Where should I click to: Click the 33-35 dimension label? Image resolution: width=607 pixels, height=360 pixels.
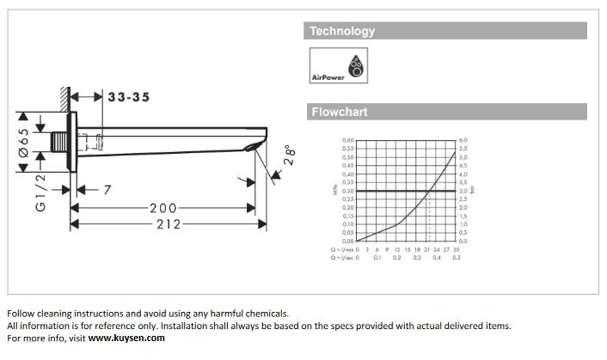[x=128, y=97]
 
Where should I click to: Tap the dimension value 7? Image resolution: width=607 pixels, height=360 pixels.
[x=107, y=191]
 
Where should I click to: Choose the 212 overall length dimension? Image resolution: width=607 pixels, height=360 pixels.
[x=162, y=224]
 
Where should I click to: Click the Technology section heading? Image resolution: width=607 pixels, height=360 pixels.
[x=342, y=31]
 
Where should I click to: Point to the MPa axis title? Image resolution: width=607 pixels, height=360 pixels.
[x=335, y=190]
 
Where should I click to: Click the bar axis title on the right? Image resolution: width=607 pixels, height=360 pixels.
[x=472, y=190]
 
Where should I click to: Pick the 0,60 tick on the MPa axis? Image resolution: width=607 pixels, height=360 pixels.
[x=348, y=140]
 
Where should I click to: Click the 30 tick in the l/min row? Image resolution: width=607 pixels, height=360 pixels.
[x=456, y=249]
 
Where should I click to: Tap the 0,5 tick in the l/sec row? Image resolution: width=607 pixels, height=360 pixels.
[x=457, y=258]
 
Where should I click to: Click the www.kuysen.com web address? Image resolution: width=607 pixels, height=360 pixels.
[x=126, y=338]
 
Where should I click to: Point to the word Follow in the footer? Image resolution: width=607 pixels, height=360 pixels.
[x=21, y=314]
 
